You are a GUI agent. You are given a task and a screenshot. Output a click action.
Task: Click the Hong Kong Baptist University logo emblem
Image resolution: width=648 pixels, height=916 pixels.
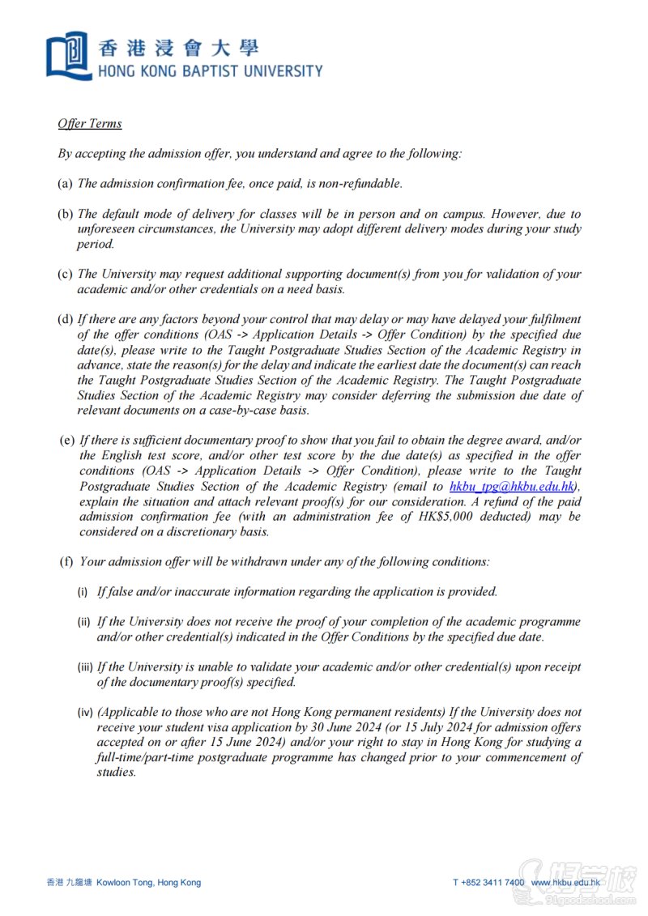coord(68,55)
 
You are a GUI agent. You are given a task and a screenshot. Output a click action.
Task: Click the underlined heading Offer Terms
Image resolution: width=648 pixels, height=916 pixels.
coord(89,123)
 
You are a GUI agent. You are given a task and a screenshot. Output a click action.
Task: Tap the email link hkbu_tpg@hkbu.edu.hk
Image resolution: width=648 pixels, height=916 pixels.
coord(514,486)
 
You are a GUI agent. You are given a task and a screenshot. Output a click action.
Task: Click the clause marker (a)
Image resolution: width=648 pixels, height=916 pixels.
coord(65,184)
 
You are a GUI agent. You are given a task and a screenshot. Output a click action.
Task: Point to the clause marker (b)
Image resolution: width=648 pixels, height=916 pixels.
coord(65,215)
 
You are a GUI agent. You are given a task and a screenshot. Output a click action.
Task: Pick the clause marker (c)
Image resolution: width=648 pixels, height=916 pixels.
coord(65,275)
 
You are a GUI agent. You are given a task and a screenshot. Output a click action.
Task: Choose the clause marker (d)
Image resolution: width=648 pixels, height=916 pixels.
coord(65,319)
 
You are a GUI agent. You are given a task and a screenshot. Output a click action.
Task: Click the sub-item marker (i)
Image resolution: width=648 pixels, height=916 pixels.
coord(83,592)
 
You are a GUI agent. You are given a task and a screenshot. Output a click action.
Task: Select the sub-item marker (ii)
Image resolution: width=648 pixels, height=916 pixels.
coord(84,622)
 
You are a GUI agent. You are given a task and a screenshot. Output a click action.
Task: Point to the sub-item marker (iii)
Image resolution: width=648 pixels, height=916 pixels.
coord(86,667)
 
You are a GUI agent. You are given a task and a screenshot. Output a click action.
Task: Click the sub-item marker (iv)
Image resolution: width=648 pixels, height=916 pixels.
coord(86,713)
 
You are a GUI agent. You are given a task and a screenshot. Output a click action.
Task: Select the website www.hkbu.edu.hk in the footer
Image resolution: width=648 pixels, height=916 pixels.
coord(565,882)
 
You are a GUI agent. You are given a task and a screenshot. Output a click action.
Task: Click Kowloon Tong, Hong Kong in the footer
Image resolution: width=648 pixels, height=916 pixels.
coord(148,882)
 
